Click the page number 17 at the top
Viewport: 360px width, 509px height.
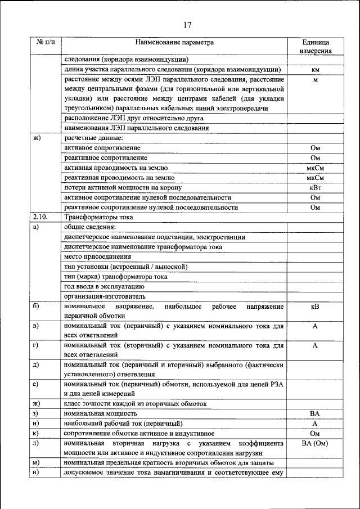[x=187, y=24]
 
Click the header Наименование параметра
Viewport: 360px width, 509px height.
[x=174, y=42]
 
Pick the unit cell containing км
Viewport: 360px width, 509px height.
[x=315, y=70]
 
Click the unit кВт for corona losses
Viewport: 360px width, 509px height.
[x=315, y=187]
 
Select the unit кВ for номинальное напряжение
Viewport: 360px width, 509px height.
[x=315, y=307]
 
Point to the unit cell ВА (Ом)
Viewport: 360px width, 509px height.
[x=315, y=443]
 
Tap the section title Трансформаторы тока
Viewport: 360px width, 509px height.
[x=100, y=218]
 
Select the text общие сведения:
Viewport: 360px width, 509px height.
[x=90, y=227]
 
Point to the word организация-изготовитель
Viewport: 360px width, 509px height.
[x=105, y=296]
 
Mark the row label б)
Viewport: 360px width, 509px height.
[x=36, y=307]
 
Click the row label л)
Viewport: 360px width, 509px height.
[x=36, y=443]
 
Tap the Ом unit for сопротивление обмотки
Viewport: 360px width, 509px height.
[x=315, y=433]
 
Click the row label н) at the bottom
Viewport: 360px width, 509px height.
[x=36, y=472]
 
